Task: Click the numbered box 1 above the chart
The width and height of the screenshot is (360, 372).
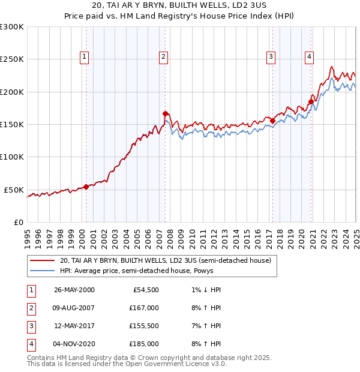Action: click(83, 57)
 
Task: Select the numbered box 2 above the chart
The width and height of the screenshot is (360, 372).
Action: click(163, 57)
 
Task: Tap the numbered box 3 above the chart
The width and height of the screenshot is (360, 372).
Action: click(271, 57)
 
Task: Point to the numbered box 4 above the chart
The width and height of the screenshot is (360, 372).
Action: click(309, 57)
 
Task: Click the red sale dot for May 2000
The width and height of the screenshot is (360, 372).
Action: click(86, 187)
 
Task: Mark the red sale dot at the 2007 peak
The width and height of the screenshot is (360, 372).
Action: click(165, 113)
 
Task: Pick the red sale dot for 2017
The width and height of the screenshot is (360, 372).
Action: click(272, 121)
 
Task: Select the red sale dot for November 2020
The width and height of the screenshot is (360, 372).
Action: click(311, 101)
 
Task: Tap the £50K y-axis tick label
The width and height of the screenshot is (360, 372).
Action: click(14, 190)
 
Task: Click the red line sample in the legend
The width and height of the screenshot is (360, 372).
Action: click(42, 261)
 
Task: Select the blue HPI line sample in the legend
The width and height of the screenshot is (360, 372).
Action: click(42, 271)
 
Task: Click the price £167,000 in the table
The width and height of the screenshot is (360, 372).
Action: click(145, 308)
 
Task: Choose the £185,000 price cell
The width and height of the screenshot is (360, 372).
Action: click(145, 344)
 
